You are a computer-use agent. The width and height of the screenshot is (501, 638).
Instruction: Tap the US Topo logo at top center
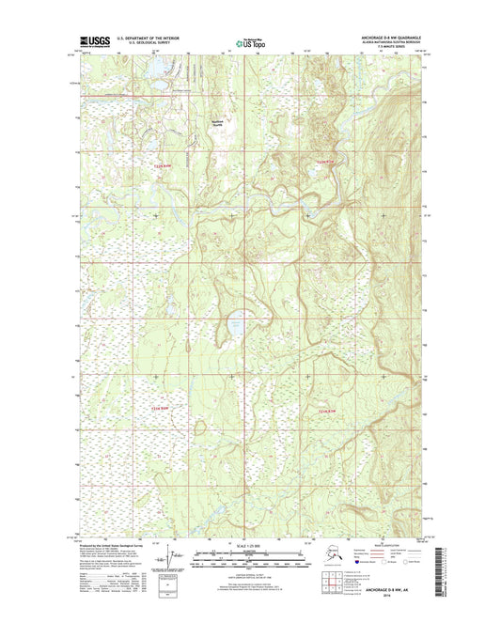pyautogui.click(x=250, y=41)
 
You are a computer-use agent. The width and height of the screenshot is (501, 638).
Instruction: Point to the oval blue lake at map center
pyautogui.click(x=228, y=327)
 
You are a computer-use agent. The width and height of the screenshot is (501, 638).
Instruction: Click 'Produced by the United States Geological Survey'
pyautogui.click(x=111, y=545)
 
